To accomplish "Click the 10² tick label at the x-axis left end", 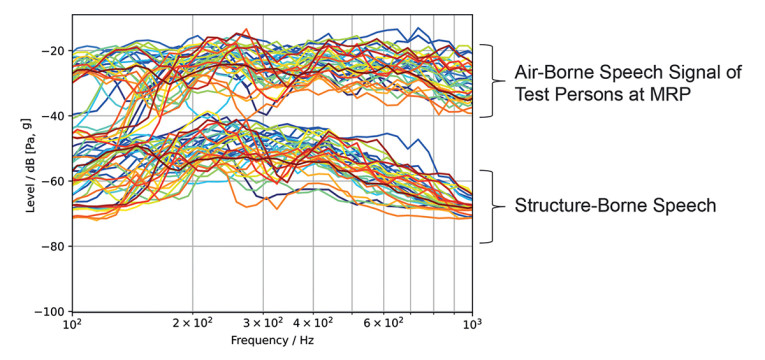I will [x=72, y=326].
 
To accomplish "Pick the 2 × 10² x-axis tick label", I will [x=192, y=326].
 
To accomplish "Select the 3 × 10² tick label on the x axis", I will [x=263, y=326].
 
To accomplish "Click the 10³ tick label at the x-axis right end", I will [x=472, y=326].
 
